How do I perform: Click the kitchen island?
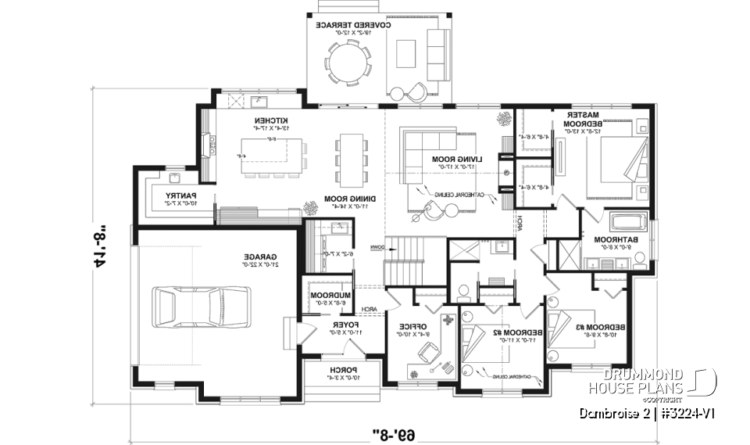click(x=270, y=152)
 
